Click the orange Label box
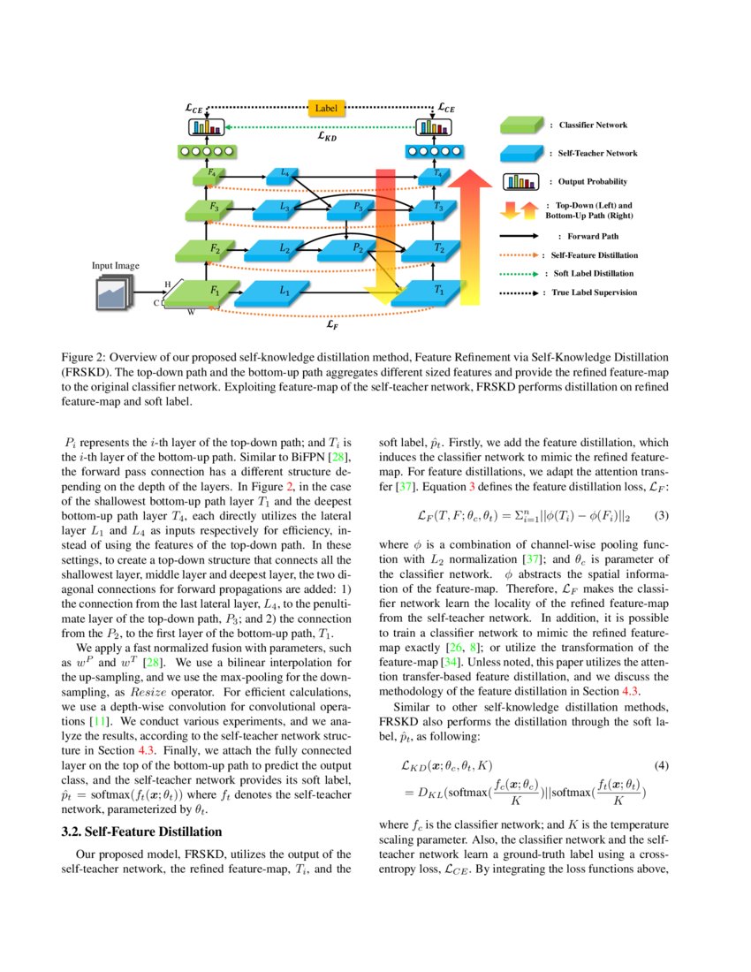(x=326, y=109)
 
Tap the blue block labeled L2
(x=284, y=250)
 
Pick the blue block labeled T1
(x=437, y=291)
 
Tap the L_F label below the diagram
(x=330, y=324)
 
